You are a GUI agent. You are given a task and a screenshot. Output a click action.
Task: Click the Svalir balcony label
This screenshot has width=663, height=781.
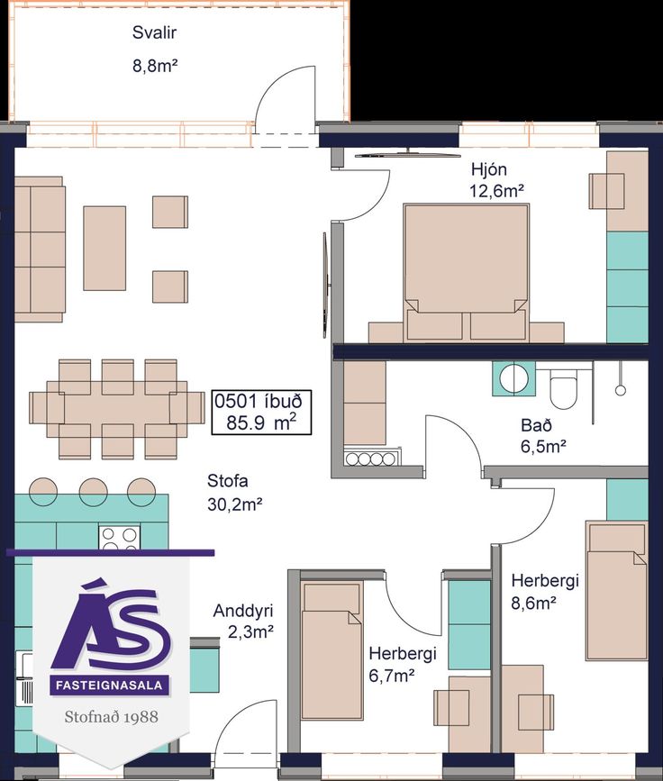point(154,32)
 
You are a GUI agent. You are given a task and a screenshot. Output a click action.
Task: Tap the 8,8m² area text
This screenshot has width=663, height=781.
point(156,65)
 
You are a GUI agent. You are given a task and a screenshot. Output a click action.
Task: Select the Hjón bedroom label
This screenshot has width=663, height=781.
point(489,169)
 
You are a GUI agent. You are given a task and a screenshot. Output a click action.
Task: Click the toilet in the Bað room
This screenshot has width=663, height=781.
point(563,391)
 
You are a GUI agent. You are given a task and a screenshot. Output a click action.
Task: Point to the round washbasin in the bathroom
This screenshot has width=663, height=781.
point(514,379)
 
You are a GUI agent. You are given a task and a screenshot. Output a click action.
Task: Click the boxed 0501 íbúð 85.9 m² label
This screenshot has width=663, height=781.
point(261,412)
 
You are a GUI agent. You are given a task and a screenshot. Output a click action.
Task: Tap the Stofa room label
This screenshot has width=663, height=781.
point(228,481)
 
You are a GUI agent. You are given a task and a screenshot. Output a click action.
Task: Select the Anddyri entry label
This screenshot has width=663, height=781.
point(243,611)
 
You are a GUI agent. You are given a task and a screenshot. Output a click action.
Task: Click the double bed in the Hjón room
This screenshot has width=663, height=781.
point(466,272)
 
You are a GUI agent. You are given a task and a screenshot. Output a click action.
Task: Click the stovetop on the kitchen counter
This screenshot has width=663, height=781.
point(119,538)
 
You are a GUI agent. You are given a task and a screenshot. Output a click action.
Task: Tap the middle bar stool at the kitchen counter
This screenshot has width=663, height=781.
point(93,492)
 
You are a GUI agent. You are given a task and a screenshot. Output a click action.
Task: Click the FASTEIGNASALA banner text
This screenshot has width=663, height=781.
point(109,686)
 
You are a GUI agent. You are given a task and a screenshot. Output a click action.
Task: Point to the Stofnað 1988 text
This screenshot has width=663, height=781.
point(111,717)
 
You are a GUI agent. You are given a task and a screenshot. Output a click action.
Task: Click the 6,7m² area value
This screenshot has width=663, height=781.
point(392,676)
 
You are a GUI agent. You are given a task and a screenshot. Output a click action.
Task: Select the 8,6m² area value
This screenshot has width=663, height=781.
point(534,604)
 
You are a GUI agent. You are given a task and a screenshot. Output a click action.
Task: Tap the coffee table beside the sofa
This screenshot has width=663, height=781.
point(104,249)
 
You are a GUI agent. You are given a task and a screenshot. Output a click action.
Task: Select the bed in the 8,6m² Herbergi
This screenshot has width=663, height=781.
point(616,590)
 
